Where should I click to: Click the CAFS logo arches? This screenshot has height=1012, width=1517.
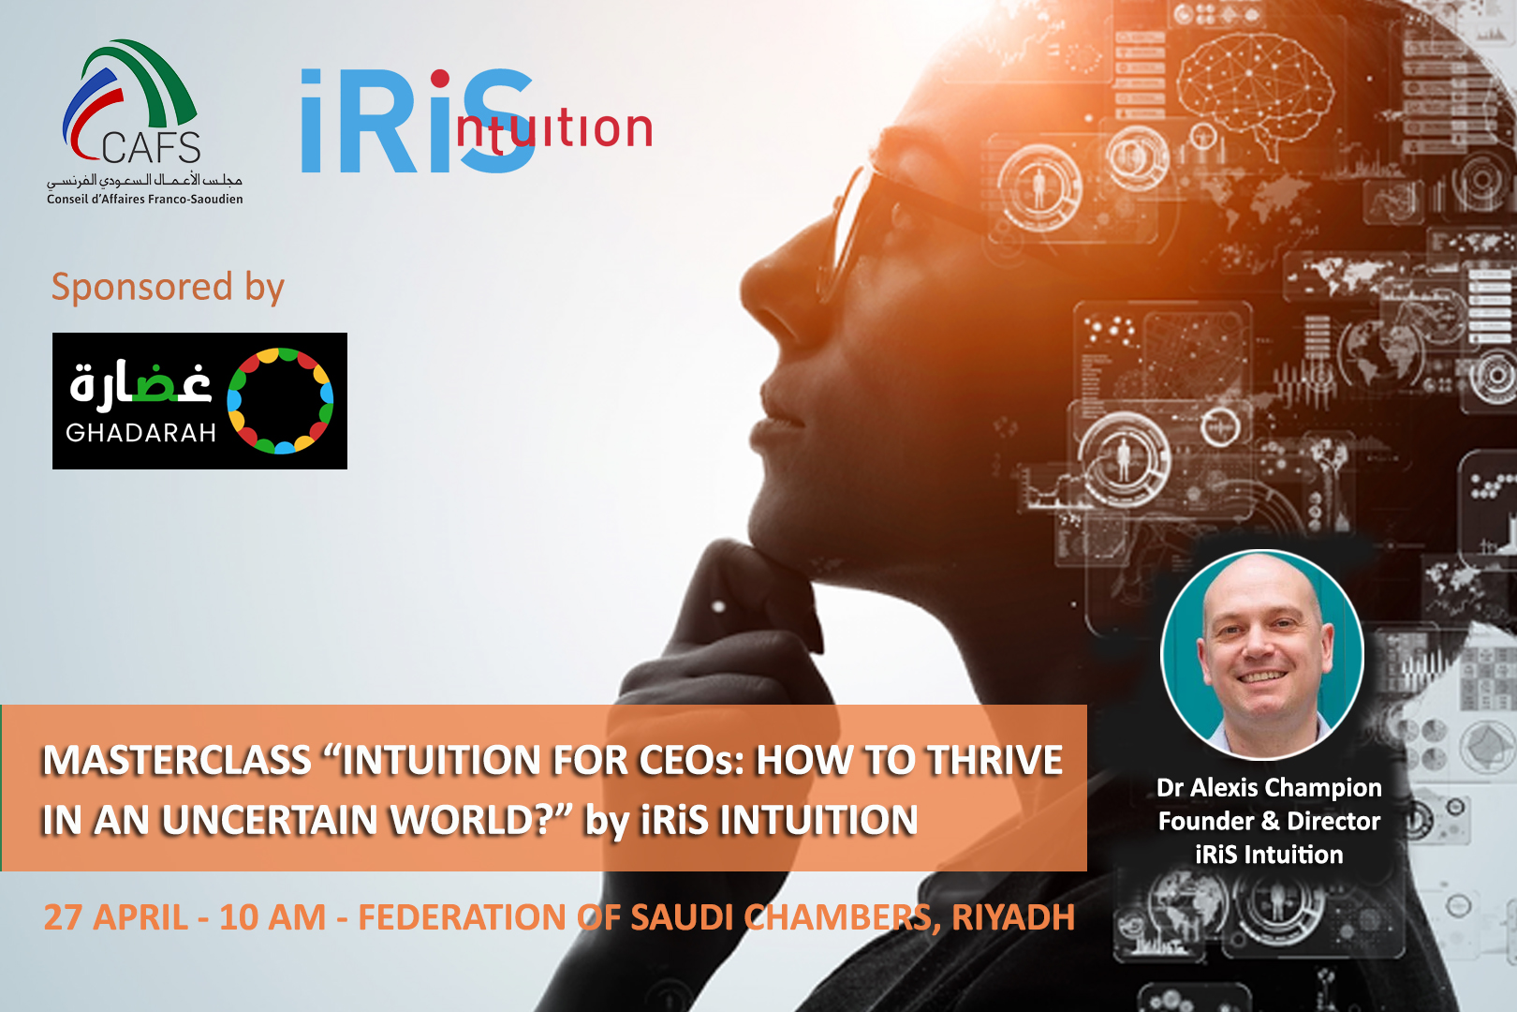tap(128, 88)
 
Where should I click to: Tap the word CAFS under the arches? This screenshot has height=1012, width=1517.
tap(151, 147)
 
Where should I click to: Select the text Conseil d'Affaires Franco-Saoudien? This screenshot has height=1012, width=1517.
tap(145, 200)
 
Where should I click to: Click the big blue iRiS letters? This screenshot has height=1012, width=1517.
tap(418, 121)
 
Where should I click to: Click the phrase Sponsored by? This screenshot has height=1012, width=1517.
tap(168, 287)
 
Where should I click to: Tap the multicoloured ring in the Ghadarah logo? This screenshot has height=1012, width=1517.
tap(280, 401)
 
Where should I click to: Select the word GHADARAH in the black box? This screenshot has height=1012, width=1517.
tap(140, 433)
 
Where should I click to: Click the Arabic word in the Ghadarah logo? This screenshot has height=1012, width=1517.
tap(140, 383)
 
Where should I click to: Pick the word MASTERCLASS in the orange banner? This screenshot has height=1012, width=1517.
tap(177, 760)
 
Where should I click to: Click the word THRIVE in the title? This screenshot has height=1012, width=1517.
tap(994, 760)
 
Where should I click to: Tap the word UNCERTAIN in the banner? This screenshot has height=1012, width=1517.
tap(270, 820)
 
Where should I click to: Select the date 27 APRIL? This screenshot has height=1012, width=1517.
tap(116, 917)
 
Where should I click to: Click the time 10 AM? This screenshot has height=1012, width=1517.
tap(272, 917)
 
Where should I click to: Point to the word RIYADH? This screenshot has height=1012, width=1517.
tap(1013, 917)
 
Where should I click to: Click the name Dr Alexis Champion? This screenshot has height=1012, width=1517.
tap(1269, 788)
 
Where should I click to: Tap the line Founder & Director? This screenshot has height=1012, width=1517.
tap(1269, 822)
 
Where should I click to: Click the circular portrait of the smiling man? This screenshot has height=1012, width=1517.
tap(1261, 654)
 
